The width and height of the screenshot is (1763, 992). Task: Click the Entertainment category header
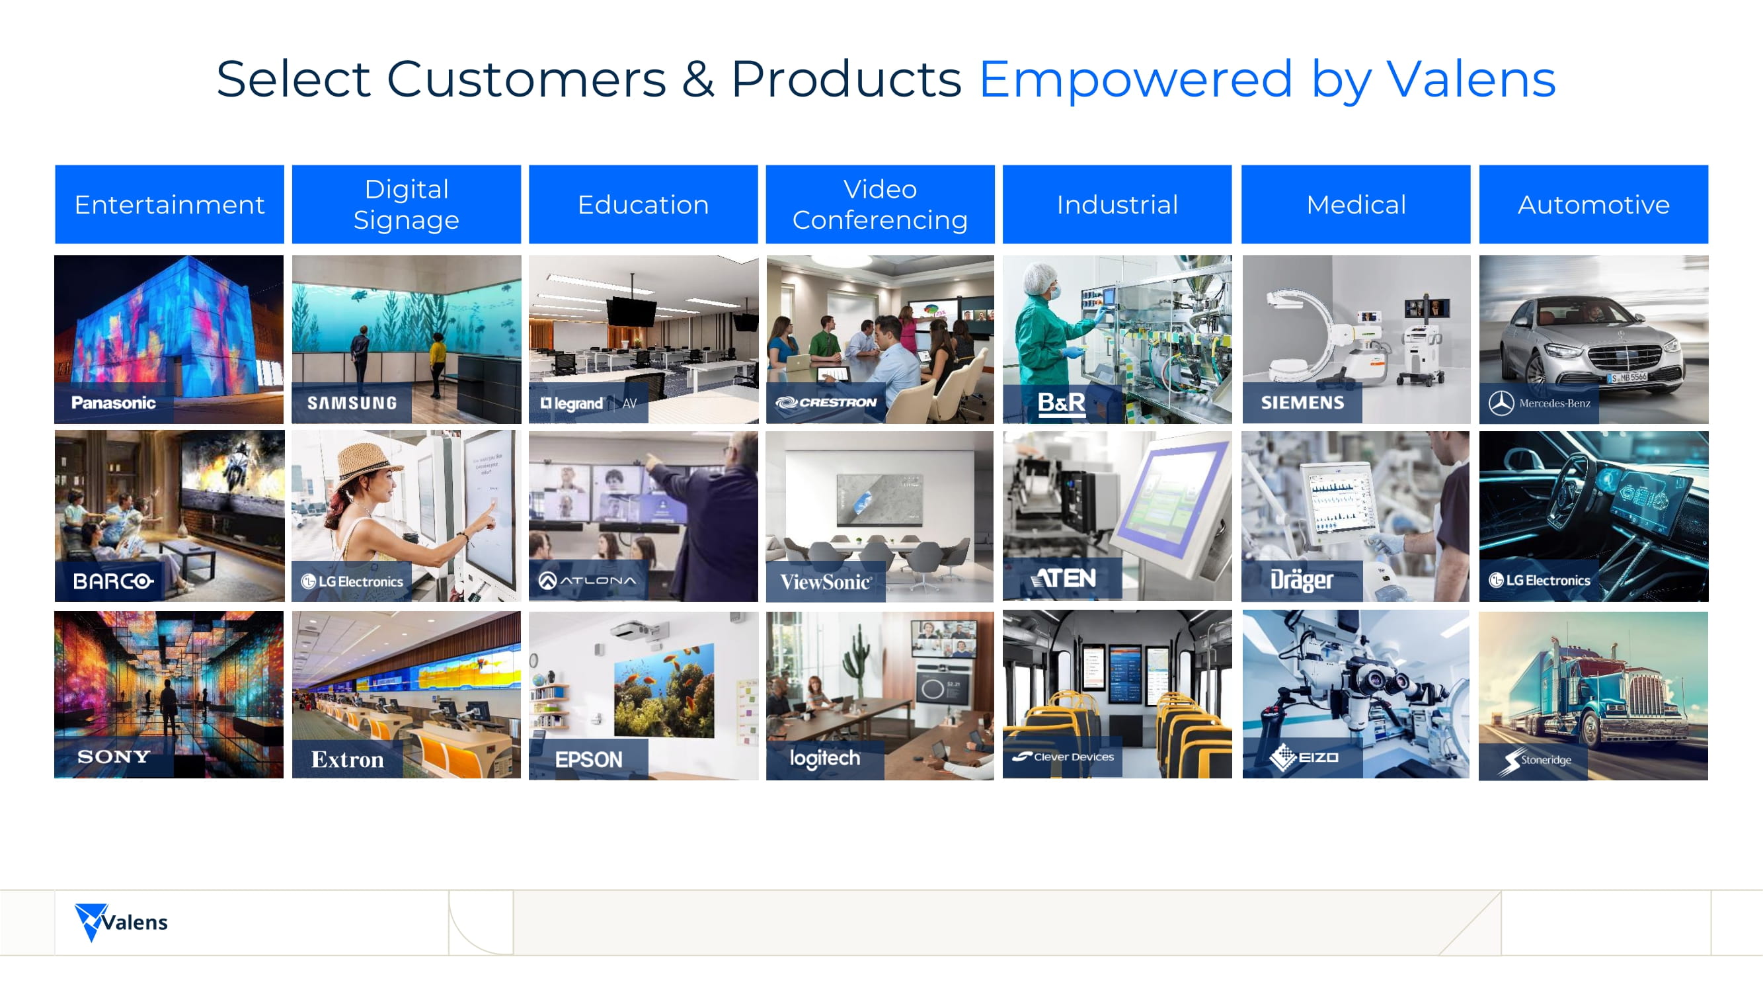coord(169,204)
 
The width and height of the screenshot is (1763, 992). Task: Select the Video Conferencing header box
coord(880,204)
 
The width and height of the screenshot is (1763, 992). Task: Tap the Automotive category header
coord(1593,204)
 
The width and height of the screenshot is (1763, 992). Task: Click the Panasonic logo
coord(114,403)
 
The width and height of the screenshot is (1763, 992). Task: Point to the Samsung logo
coord(352,403)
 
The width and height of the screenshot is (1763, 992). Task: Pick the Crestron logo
coord(826,403)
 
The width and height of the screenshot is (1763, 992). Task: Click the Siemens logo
coord(1302,403)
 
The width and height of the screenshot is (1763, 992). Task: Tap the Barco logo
coord(114,581)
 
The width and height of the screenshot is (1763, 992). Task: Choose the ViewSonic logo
coord(826,582)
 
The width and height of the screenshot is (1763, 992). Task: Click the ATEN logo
coord(1063,579)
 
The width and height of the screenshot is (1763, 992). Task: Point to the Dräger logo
coord(1302,581)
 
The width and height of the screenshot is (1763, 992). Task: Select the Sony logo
coord(114,757)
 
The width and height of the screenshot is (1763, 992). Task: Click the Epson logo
coord(588,759)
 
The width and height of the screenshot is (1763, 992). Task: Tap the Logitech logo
coord(825,759)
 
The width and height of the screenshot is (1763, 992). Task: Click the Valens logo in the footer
coord(121,922)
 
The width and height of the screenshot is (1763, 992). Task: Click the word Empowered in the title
coord(1136,79)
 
